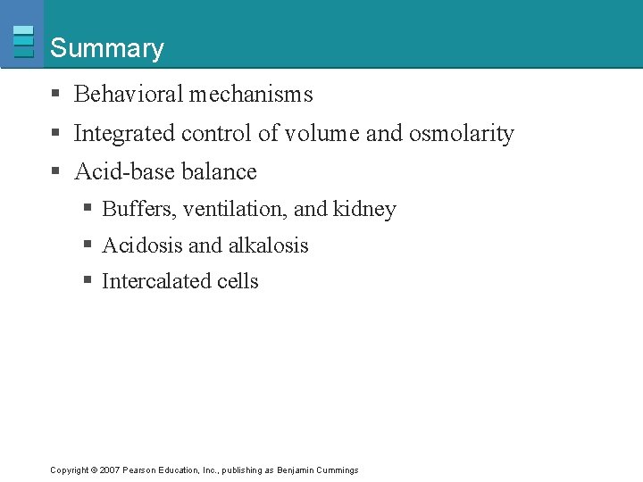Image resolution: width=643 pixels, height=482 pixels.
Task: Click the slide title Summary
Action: point(107,48)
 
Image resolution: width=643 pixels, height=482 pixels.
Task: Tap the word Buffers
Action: point(139,209)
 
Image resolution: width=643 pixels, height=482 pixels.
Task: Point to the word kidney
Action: point(364,209)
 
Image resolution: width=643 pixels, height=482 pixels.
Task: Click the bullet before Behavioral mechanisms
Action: point(55,95)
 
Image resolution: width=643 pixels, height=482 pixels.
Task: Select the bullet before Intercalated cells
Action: point(88,281)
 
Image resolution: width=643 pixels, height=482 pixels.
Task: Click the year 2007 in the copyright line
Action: point(111,470)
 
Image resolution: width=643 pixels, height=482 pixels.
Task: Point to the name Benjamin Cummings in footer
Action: point(317,470)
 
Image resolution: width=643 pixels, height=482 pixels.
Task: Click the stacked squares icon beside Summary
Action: point(24,41)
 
